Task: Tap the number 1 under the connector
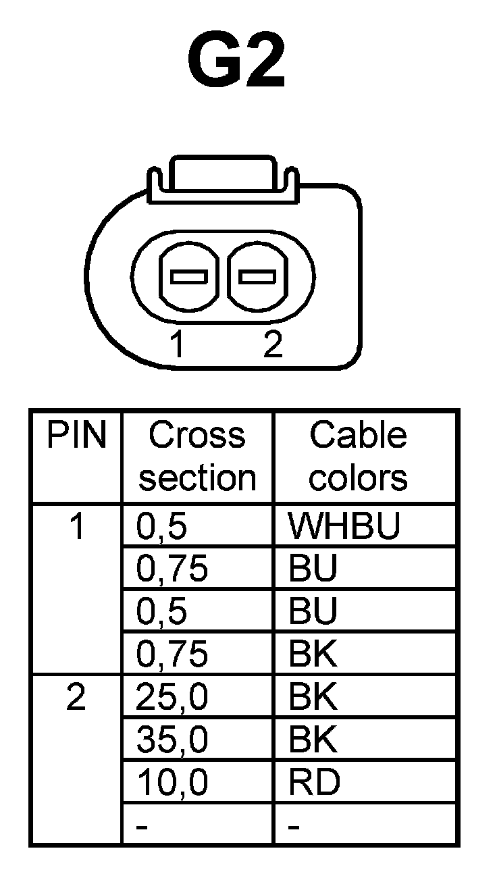click(178, 345)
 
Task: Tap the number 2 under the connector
click(272, 345)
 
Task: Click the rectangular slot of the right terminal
click(257, 277)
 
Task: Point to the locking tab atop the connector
click(222, 177)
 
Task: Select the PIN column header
click(76, 436)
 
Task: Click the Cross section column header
click(197, 457)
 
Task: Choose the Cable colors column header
click(359, 457)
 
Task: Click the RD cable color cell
click(314, 783)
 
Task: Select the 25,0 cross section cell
click(172, 698)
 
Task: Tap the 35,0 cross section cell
click(172, 740)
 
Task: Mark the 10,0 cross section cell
click(172, 783)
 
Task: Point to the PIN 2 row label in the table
click(76, 698)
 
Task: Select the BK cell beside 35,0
click(313, 740)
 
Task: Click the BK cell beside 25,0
click(313, 698)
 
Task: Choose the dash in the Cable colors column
click(294, 827)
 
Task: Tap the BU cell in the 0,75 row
click(313, 570)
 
